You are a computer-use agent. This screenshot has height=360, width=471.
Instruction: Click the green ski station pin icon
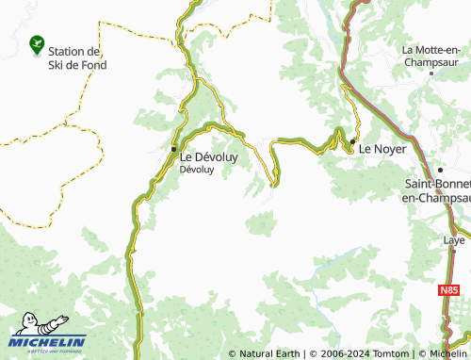[x=37, y=42]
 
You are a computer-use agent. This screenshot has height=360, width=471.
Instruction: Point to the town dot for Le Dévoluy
[x=173, y=149]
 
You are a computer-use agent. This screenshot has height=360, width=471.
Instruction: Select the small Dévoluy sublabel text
[x=196, y=170]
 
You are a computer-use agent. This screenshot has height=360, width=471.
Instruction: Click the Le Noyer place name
[x=384, y=147]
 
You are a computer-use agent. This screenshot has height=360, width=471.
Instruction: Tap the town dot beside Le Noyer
[x=353, y=142]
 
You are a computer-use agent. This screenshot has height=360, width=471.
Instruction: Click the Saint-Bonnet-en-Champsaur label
[x=437, y=190]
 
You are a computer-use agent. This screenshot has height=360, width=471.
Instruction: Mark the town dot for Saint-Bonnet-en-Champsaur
[x=440, y=170]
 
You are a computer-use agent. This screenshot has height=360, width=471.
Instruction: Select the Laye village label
[x=454, y=240]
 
